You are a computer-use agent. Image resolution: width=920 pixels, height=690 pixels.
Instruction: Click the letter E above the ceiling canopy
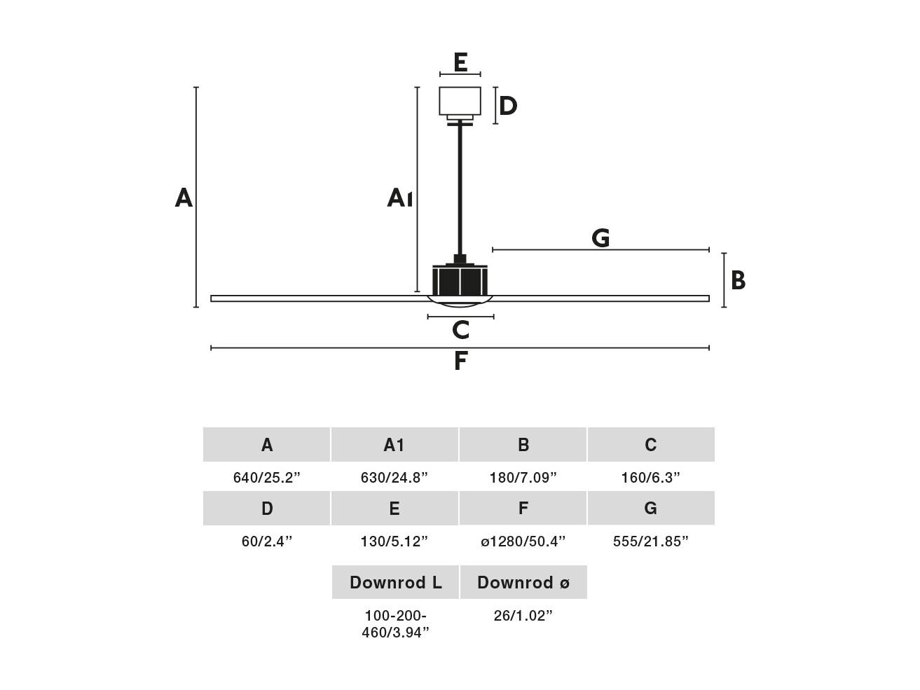(460, 62)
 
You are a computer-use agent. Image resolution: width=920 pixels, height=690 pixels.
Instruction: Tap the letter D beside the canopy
(508, 106)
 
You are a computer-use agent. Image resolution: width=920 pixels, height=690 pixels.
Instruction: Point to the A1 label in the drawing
(400, 198)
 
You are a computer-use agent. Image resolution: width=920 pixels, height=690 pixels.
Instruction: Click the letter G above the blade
(600, 237)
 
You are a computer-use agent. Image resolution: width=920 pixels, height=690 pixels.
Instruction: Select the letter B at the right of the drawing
(738, 280)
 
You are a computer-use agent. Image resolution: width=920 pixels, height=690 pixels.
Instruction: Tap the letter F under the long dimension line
(460, 361)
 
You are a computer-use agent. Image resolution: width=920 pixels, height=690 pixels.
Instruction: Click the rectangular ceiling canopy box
(460, 101)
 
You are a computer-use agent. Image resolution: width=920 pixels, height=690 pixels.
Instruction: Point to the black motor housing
(460, 280)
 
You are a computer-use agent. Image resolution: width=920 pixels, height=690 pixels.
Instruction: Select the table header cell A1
(394, 445)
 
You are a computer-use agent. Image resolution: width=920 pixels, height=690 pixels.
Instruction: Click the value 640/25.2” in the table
(266, 478)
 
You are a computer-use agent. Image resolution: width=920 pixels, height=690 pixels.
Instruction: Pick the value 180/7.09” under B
(523, 478)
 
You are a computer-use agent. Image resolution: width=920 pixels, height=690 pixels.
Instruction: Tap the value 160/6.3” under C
(650, 478)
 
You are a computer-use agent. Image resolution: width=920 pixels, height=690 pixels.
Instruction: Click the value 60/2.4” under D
(266, 541)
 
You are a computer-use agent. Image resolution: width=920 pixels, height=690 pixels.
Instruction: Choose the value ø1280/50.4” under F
(523, 541)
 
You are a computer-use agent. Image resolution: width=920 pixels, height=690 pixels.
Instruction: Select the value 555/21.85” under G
(650, 541)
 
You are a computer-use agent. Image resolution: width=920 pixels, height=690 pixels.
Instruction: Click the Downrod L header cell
(395, 582)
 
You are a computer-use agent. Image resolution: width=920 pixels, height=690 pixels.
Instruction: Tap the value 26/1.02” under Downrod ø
(523, 616)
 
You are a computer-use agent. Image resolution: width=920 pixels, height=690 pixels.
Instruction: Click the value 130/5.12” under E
(394, 541)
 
